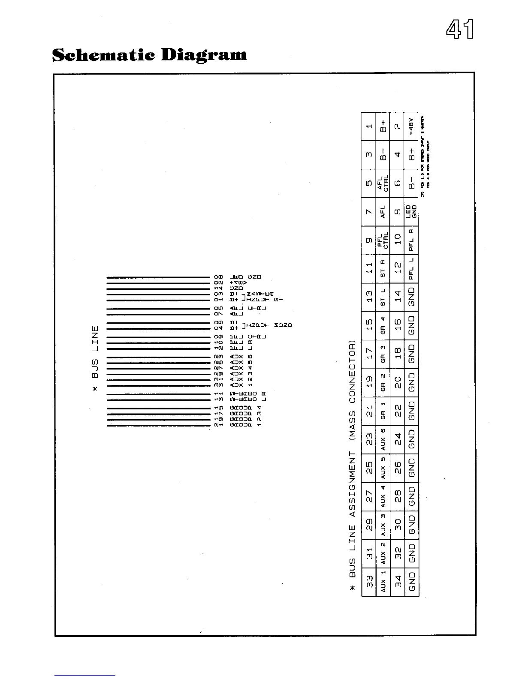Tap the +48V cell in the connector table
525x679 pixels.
pyautogui.click(x=411, y=126)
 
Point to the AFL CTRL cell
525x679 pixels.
pyautogui.click(x=383, y=183)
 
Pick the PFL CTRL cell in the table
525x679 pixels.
pyautogui.click(x=383, y=240)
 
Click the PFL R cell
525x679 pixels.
pyautogui.click(x=411, y=240)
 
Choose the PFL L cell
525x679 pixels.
pyautogui.click(x=411, y=269)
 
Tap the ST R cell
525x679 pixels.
pyautogui.click(x=383, y=269)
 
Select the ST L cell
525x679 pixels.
pyautogui.click(x=383, y=297)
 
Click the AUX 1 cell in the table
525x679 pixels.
pyautogui.click(x=383, y=582)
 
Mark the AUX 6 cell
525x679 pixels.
pyautogui.click(x=383, y=439)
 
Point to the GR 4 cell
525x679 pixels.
pyautogui.click(x=383, y=326)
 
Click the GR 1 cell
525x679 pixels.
pyautogui.click(x=383, y=411)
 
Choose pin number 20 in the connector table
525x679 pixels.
pyautogui.click(x=397, y=383)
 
